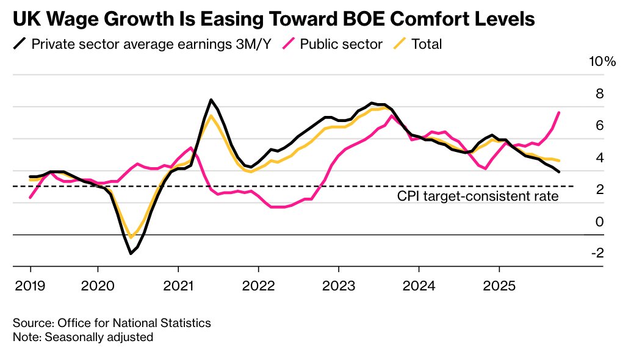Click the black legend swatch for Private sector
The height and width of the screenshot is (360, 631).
coord(20,44)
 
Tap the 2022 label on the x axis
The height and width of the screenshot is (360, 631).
coord(258,286)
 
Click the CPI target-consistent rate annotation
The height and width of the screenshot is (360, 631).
coord(478,196)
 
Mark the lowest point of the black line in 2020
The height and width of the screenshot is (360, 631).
coord(131,253)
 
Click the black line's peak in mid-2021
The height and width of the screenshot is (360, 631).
coord(211,99)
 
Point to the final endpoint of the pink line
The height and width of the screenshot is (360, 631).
coord(559,112)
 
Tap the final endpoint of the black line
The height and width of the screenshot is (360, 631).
coord(559,171)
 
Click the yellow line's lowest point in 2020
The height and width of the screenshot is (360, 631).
coord(131,237)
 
